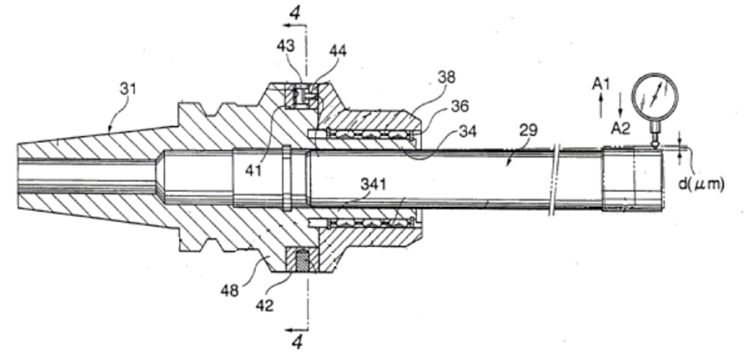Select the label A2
pos(620,127)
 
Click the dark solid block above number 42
pos(299,262)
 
